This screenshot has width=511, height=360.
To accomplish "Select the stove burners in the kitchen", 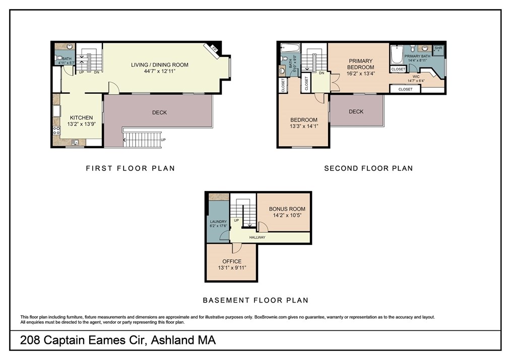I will pyautogui.click(x=56, y=131).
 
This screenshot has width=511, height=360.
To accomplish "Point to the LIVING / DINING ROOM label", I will pyautogui.click(x=159, y=65).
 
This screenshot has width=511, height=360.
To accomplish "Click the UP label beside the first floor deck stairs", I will pyautogui.click(x=163, y=140).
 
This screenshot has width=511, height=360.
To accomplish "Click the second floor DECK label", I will pyautogui.click(x=356, y=111).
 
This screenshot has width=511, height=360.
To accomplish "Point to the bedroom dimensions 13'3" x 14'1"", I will pyautogui.click(x=303, y=127).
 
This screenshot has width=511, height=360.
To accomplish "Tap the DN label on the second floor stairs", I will pyautogui.click(x=321, y=73).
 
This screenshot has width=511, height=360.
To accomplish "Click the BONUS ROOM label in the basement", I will pyautogui.click(x=287, y=209).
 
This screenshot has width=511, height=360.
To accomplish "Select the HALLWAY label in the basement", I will pyautogui.click(x=257, y=237).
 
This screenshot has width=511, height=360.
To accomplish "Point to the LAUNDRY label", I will pyautogui.click(x=218, y=221).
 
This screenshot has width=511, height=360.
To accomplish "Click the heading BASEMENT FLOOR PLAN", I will pyautogui.click(x=255, y=300).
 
